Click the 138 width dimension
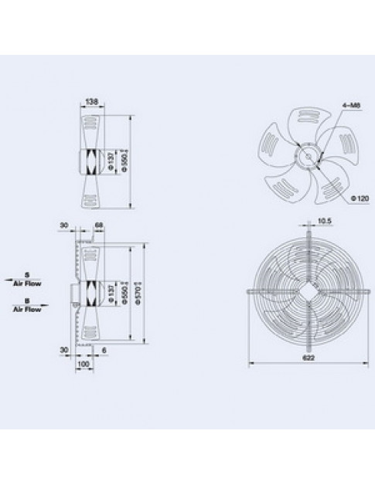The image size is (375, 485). [x=91, y=102]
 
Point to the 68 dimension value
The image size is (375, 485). [x=98, y=226]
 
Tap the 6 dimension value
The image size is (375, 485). [x=103, y=349]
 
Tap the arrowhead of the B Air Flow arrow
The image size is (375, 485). [x=47, y=304]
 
